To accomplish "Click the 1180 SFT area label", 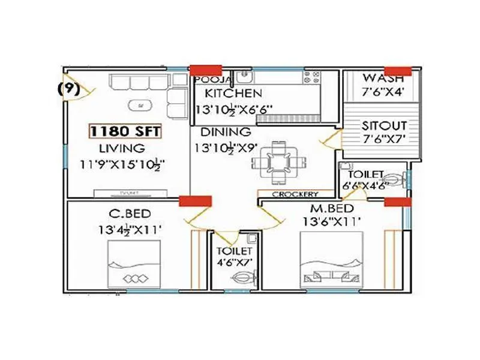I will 124,130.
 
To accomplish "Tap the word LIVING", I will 122,148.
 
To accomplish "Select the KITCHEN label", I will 233,94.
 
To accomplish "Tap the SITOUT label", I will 384,126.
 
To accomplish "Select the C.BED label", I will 130,214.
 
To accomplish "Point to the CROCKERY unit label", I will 295,194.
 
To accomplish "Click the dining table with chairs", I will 277,161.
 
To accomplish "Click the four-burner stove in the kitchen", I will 313,77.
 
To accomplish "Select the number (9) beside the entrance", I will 68,88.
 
